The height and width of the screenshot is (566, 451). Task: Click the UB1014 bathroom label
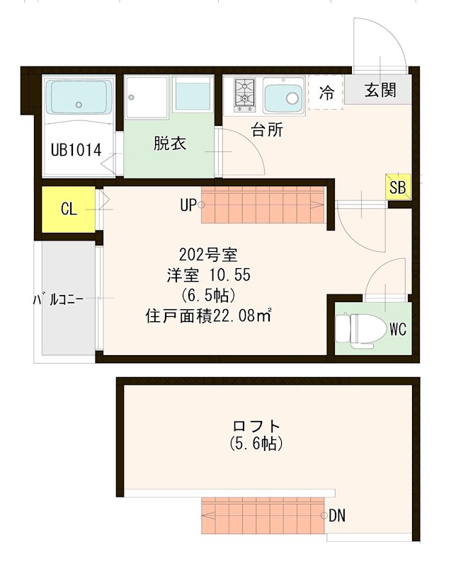click(76, 150)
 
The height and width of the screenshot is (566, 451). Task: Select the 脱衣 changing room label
click(170, 144)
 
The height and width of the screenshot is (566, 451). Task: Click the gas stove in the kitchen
click(244, 96)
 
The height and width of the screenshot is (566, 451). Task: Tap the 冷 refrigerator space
click(326, 92)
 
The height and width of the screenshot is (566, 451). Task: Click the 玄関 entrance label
click(380, 91)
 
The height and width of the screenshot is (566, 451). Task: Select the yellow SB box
click(397, 187)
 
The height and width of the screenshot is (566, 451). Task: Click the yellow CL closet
click(68, 209)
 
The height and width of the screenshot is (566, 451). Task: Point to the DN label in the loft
click(337, 515)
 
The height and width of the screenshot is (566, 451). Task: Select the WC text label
click(398, 328)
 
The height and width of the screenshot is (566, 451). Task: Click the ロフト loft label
click(256, 427)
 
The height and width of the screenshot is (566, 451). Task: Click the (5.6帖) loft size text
click(256, 444)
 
